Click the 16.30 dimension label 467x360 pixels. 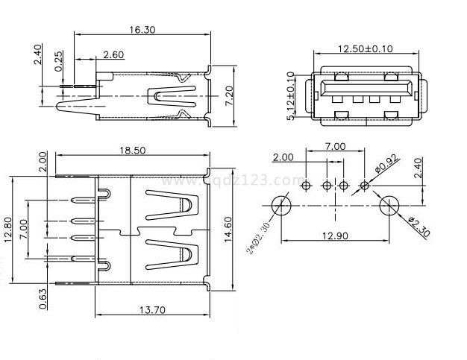coord(142,31)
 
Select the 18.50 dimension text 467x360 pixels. coord(133,150)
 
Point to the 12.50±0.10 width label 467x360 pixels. coord(365,49)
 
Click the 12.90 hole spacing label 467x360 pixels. coord(335,236)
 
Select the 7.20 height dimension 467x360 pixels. coord(230,93)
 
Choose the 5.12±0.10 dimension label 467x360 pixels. coord(291,96)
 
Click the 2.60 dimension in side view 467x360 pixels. coord(113,54)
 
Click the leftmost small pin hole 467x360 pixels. coord(306,184)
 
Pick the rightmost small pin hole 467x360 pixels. coord(364,184)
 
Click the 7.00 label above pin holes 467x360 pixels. coord(334,146)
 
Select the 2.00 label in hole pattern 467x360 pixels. coord(283,157)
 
